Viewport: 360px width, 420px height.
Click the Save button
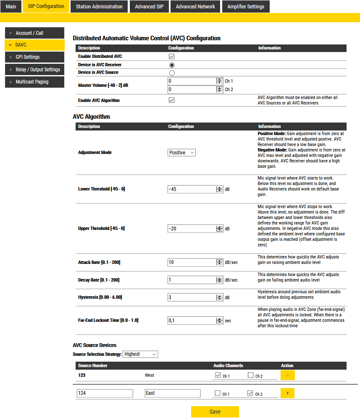click(x=215, y=412)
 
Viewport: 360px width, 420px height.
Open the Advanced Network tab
click(x=195, y=7)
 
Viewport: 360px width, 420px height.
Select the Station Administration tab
click(x=99, y=7)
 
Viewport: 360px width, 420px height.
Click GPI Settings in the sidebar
click(x=34, y=57)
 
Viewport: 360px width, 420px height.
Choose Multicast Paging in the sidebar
click(x=34, y=82)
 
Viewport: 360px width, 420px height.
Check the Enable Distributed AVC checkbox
click(x=171, y=57)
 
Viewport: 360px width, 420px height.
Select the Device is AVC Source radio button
click(x=171, y=73)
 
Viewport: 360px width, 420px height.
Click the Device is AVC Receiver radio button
click(x=171, y=65)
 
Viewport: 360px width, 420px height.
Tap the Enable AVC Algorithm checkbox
click(x=171, y=100)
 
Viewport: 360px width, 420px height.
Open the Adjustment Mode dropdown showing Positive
click(x=181, y=153)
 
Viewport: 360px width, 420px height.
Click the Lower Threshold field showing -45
click(x=192, y=189)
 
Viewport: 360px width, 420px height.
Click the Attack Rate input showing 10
click(x=192, y=262)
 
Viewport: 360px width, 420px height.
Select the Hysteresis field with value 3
click(x=192, y=297)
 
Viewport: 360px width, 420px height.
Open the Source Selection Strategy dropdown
click(x=140, y=354)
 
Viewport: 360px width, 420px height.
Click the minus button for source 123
click(x=288, y=375)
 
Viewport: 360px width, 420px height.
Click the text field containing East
click(x=172, y=393)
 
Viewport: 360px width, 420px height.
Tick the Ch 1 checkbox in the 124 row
click(x=218, y=394)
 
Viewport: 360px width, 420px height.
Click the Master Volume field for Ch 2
click(x=192, y=89)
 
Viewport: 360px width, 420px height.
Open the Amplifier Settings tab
click(x=246, y=7)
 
